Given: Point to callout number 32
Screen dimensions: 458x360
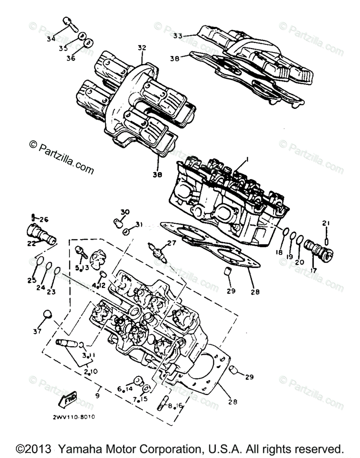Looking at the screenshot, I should click(142, 48).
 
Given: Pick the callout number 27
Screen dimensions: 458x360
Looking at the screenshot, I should click(171, 242).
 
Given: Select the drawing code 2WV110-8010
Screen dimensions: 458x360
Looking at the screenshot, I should click(74, 416).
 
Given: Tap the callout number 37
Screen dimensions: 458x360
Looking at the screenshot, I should click(37, 332).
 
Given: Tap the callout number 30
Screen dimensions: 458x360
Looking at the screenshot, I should click(125, 212).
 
